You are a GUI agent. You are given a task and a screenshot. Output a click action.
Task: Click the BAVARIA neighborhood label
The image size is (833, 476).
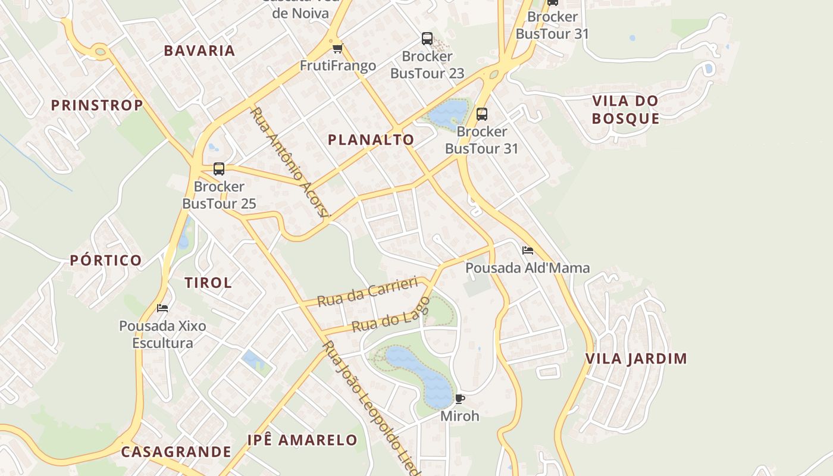pos(199,51)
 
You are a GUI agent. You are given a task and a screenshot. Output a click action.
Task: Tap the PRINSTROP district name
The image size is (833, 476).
pos(96,106)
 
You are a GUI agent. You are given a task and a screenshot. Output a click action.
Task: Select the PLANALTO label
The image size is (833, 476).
pos(371,140)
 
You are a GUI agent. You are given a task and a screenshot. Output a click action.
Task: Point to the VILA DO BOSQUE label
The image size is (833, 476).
pos(625,109)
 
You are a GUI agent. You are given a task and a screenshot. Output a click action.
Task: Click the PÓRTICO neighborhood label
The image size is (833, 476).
pos(106,261)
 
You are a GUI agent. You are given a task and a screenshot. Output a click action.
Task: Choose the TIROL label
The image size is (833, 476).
pos(208,283)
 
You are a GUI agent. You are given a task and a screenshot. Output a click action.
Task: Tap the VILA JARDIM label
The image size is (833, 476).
pos(636,359)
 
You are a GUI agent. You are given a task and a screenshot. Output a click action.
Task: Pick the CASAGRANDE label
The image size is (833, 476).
pos(176,452)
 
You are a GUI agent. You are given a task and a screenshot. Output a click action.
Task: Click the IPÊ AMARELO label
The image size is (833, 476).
pos(302,440)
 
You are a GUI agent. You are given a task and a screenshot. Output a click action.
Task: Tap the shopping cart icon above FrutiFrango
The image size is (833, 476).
pos(337,48)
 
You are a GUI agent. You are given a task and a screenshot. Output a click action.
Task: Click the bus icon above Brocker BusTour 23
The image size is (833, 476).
pos(427,39)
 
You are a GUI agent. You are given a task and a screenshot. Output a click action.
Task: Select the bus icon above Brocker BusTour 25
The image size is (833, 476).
pos(219,169)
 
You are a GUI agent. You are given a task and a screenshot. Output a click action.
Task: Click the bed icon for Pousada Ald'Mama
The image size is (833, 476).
pos(527,250)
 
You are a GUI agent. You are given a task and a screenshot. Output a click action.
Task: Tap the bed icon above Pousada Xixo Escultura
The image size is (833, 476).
pos(162,308)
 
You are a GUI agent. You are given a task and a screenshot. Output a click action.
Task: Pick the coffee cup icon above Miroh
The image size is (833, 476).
pos(459,399)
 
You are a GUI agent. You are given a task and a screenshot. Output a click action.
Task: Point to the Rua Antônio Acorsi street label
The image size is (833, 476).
pos(289,162)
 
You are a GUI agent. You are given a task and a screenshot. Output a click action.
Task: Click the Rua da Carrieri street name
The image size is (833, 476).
pos(367,292)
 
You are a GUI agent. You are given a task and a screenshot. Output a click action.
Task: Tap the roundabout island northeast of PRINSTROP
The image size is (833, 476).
pos(100,52)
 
